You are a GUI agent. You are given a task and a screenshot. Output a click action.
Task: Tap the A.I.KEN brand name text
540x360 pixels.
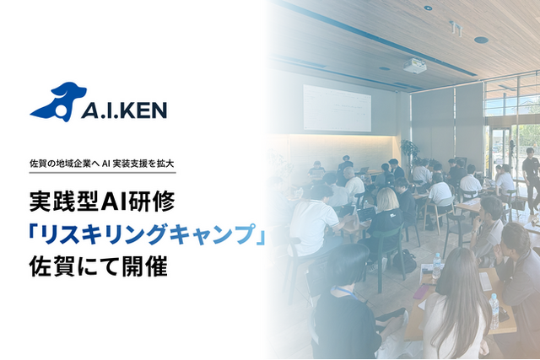pos(124,110)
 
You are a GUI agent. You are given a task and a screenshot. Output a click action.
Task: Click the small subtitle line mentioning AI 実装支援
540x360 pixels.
pos(102,164)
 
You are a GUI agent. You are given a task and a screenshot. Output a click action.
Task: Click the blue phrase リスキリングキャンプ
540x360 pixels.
pos(147,234)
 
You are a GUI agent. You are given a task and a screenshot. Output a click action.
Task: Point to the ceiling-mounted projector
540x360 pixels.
pos(414,66)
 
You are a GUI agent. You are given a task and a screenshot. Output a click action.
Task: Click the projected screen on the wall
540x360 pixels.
pos(337,108)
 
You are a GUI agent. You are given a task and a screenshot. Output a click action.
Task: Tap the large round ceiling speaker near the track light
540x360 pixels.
pos(481,40)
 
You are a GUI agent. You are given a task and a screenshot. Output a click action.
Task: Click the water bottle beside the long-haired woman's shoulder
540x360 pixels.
pos(494,311)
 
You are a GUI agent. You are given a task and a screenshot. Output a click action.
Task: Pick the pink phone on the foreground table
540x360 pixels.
pos(421,292)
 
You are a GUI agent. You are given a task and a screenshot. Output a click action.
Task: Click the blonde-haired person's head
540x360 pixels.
pos(388,200)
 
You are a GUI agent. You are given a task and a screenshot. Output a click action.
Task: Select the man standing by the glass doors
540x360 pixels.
pos(532,176)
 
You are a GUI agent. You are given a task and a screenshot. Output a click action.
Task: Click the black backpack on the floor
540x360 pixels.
pos(405,261)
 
